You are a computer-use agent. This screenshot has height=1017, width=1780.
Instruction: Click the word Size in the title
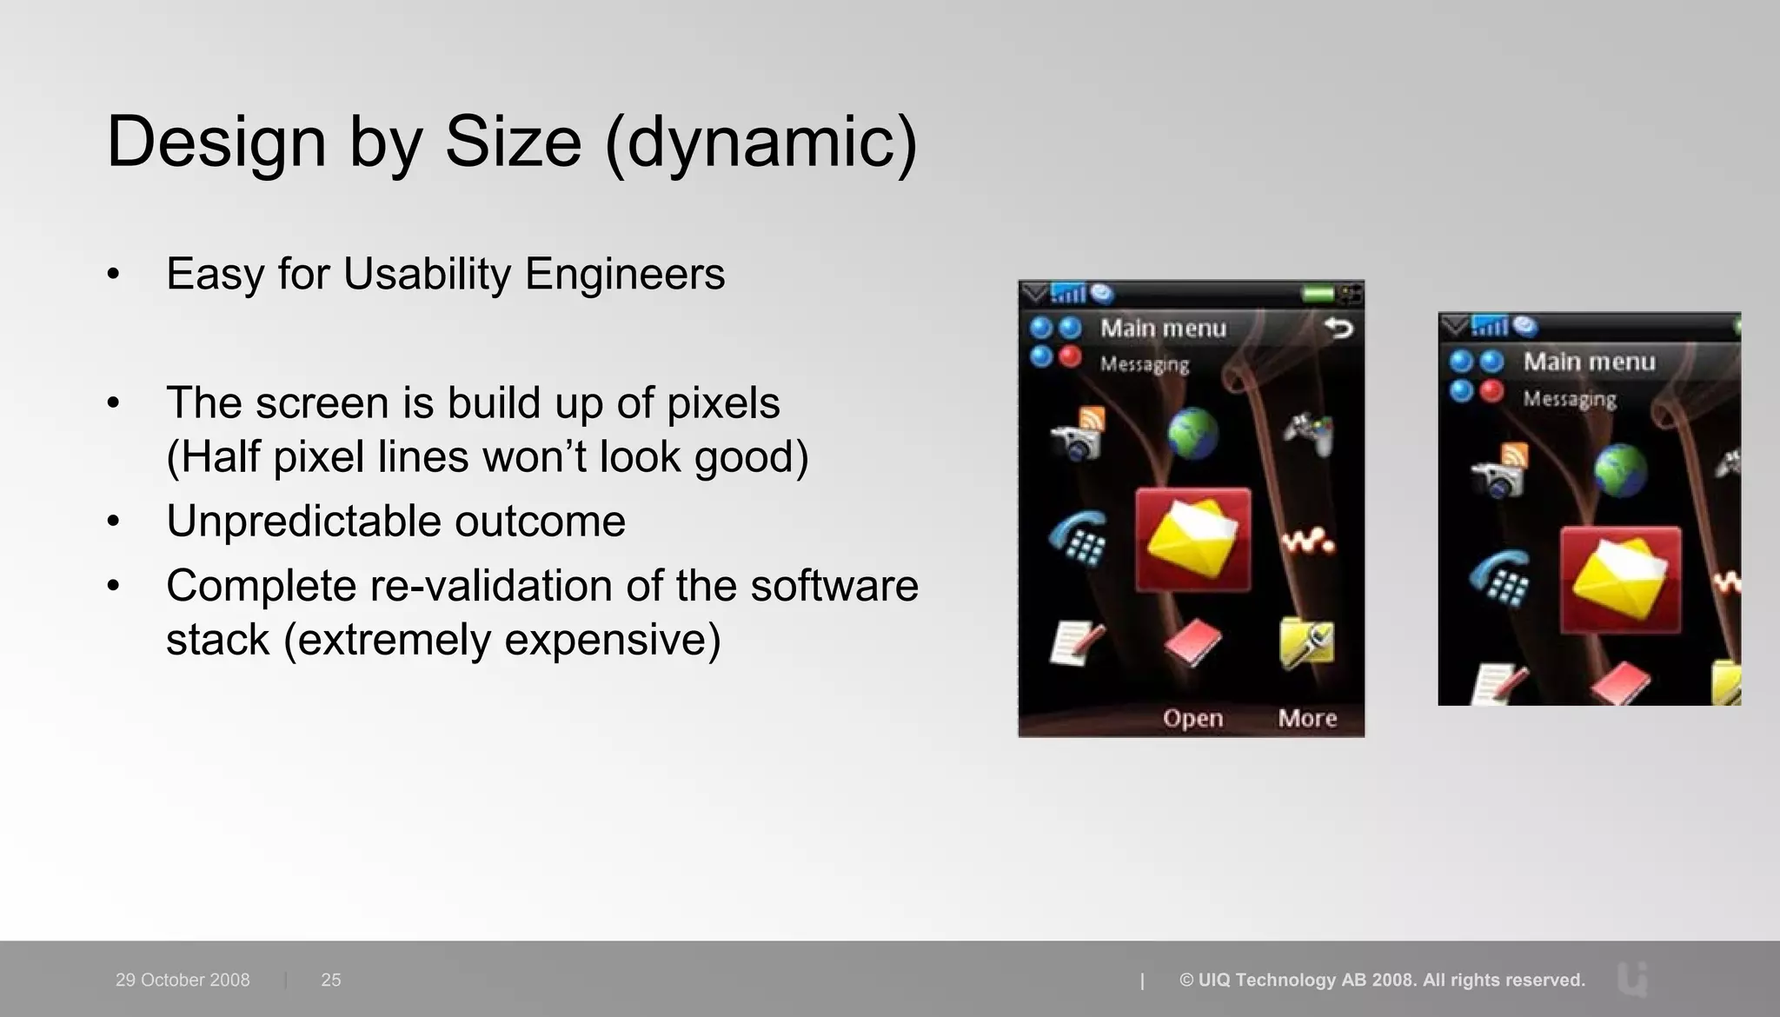pos(513,142)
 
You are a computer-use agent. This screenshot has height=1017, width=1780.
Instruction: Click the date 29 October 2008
pos(183,980)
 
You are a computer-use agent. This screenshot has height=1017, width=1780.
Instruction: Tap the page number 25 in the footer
pos(330,980)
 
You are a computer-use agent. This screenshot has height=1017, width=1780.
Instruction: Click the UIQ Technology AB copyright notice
pos(1382,980)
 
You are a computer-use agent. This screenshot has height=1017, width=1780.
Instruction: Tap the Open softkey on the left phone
pos(1192,718)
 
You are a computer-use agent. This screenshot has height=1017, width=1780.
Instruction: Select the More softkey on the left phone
pos(1307,718)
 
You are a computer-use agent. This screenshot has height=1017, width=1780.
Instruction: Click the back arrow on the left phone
pos(1338,328)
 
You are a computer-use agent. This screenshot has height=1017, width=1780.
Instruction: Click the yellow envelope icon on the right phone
pos(1620,580)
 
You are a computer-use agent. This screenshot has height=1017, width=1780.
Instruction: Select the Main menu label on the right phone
pos(1589,362)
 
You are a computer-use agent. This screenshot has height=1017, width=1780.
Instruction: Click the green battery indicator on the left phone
pos(1318,294)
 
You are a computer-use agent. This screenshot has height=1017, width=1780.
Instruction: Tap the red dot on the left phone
pos(1070,356)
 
